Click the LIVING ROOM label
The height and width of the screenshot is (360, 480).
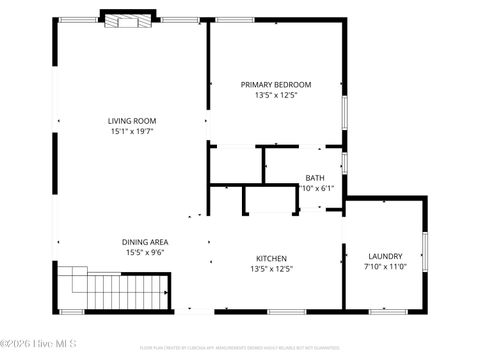coord(132,121)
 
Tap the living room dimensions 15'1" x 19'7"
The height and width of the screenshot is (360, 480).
coord(132,131)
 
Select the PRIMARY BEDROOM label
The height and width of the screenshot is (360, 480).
coord(276,85)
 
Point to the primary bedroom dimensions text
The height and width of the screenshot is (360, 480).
coord(276,95)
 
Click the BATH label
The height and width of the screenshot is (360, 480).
coord(316,177)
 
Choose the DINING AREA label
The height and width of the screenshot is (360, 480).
coord(145,242)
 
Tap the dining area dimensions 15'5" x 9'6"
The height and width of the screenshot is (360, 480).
coord(145,253)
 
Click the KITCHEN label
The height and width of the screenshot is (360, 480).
coord(271,257)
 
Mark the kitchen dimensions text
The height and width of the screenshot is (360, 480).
coord(271,268)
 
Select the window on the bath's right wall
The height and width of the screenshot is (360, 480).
coord(345,162)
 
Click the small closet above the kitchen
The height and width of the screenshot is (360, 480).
coord(270,199)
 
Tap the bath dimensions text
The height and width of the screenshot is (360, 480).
coord(320,187)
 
